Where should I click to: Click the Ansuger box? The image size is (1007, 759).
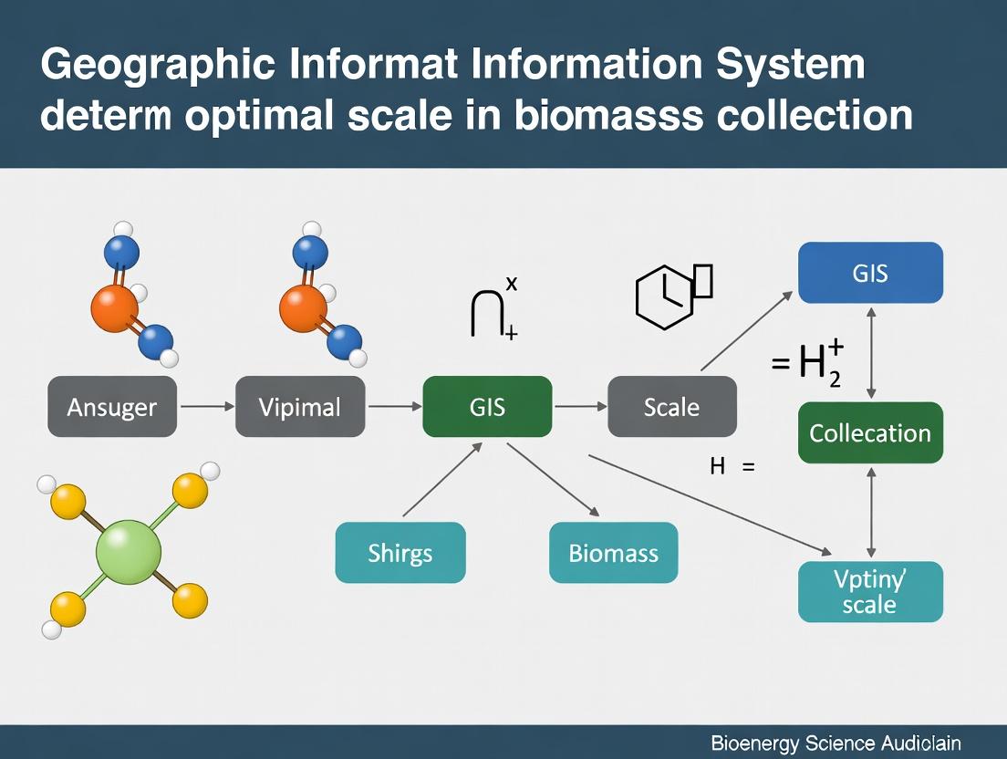(x=112, y=406)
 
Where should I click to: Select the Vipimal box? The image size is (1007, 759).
(x=300, y=406)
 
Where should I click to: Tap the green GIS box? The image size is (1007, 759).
(x=487, y=406)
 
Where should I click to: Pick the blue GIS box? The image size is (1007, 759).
(x=870, y=272)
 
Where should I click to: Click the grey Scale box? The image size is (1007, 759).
(x=671, y=406)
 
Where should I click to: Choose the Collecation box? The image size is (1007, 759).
(x=870, y=432)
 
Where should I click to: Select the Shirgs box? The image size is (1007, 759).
(x=400, y=552)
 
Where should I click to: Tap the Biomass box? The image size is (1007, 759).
(x=613, y=552)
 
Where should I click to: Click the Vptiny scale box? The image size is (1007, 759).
(x=870, y=591)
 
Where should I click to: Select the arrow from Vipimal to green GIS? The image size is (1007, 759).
(x=394, y=406)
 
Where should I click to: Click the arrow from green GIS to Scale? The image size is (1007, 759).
(x=580, y=406)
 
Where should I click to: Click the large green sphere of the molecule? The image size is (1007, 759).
(x=129, y=552)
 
